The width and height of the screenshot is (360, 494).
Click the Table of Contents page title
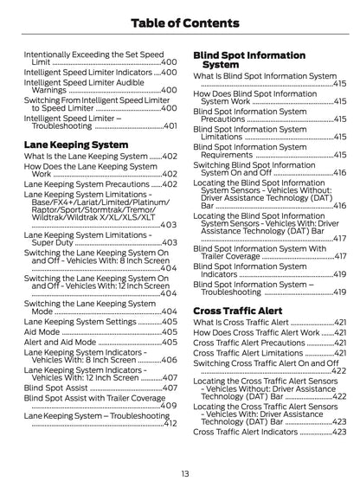pos(179,23)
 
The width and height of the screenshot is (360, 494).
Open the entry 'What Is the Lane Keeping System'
pos(86,156)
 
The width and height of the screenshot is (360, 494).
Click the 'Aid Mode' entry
pos(42,331)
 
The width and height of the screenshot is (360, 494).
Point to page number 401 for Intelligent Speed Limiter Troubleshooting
pos(170,125)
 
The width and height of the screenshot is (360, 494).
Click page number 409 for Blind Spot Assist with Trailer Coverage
pos(170,406)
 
